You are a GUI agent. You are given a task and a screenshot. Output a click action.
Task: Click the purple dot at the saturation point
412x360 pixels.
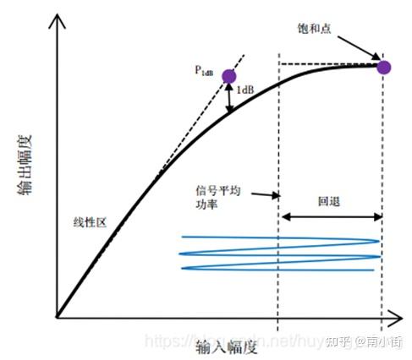(x=383, y=67)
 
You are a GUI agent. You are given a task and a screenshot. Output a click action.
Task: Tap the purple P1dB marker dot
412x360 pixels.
(x=229, y=76)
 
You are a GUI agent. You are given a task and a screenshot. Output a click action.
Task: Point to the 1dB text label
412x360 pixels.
(x=245, y=90)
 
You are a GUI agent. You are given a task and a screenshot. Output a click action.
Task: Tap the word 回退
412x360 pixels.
(x=328, y=204)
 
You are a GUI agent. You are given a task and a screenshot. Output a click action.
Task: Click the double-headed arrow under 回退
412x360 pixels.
(x=330, y=217)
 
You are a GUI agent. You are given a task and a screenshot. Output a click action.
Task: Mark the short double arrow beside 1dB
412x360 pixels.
(x=229, y=100)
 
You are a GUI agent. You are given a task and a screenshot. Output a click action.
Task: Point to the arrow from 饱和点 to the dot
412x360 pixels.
(x=360, y=50)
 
